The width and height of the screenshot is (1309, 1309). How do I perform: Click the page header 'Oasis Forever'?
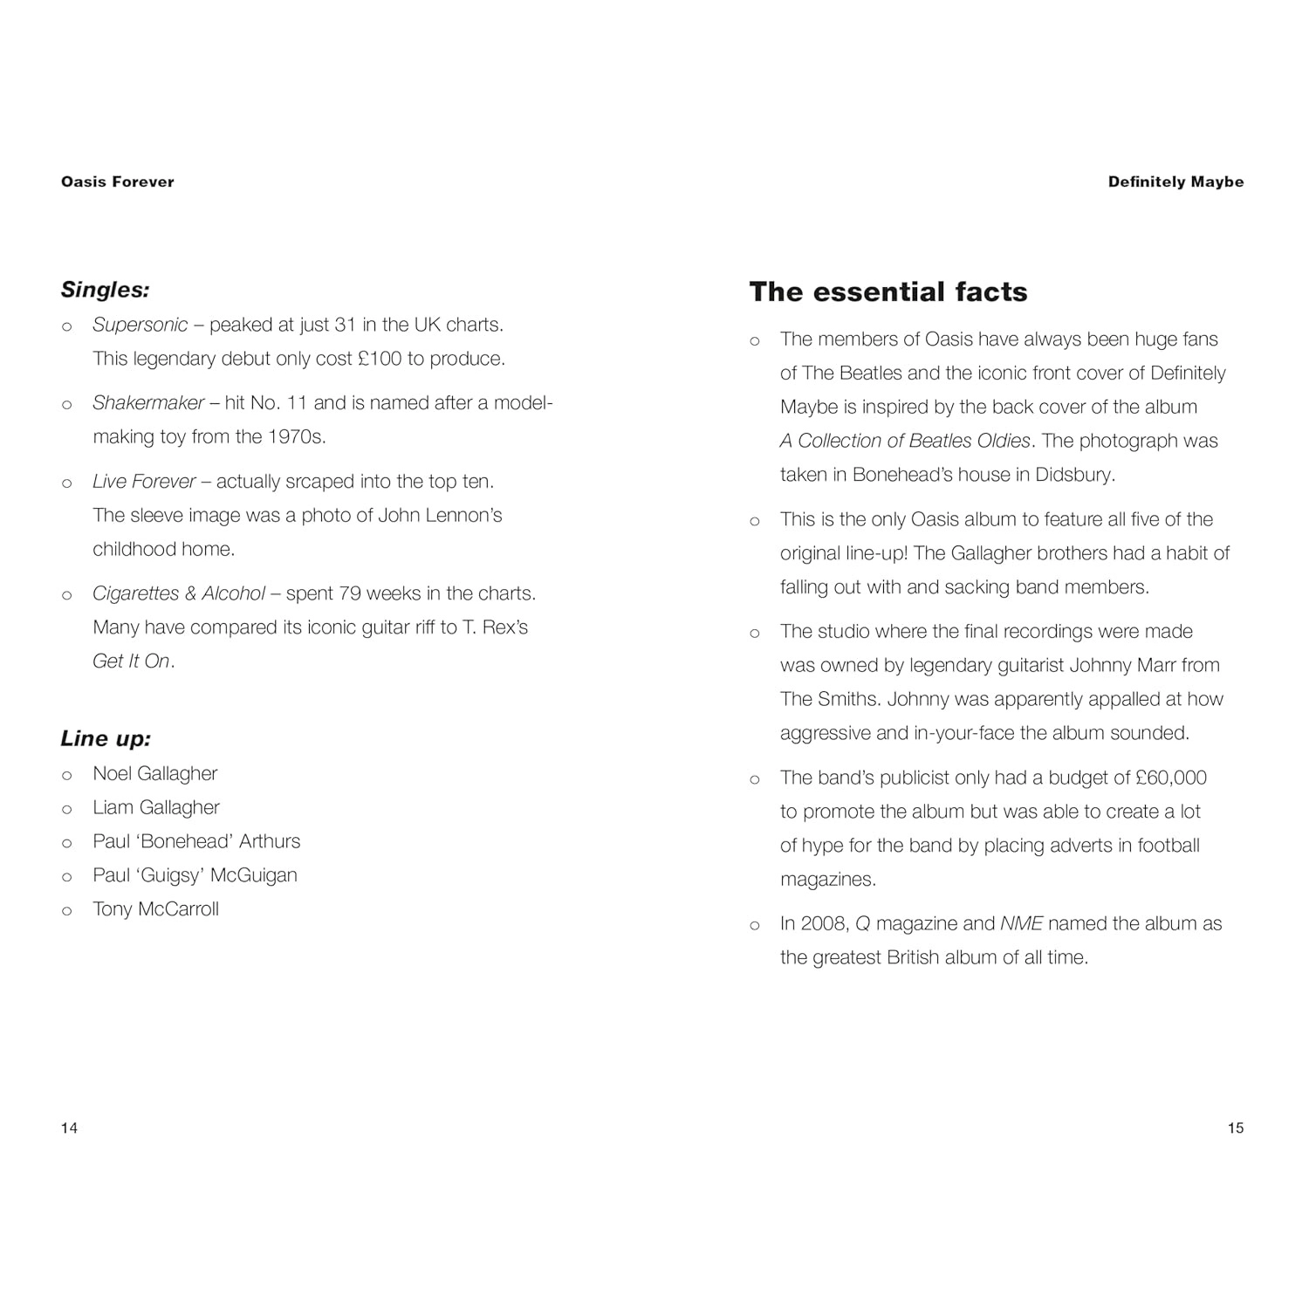(x=118, y=182)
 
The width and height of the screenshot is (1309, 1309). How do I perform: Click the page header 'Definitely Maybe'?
(x=1175, y=182)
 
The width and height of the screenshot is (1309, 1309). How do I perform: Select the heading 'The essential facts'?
(x=888, y=291)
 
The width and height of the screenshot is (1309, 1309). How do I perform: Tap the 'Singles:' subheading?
(x=105, y=289)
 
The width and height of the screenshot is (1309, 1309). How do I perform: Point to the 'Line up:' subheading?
(x=106, y=738)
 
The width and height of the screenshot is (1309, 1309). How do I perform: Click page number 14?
(x=69, y=1127)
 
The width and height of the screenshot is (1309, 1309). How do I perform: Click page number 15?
(x=1235, y=1127)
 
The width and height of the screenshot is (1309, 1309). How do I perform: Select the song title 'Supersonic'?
(x=140, y=325)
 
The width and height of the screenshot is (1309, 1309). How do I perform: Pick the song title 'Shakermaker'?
(x=148, y=402)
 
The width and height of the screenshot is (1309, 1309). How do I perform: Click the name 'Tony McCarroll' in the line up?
(x=156, y=908)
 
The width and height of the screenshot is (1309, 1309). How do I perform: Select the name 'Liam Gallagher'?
(x=156, y=807)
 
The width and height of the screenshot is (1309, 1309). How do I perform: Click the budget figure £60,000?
(x=1170, y=778)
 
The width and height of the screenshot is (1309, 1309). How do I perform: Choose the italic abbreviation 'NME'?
(x=1021, y=923)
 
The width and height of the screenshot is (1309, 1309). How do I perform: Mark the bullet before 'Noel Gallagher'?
(x=66, y=775)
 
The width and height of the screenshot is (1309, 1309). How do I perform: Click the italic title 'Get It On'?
(x=132, y=661)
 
